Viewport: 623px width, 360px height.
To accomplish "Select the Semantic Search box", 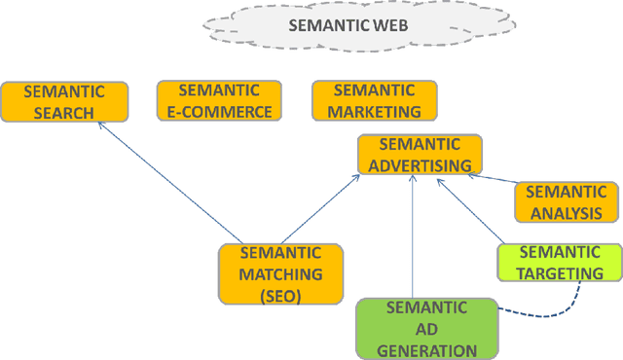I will [x=63, y=101].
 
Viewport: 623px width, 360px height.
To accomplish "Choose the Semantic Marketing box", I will [x=374, y=100].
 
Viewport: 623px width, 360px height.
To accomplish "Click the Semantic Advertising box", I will [x=420, y=155].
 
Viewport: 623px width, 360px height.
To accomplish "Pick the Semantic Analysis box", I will [x=565, y=202].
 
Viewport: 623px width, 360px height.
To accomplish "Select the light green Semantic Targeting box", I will [x=559, y=263].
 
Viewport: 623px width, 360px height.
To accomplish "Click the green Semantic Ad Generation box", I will [x=426, y=329].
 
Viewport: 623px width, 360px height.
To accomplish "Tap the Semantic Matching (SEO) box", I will [x=280, y=274].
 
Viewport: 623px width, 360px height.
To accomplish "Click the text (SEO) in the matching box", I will [x=280, y=295].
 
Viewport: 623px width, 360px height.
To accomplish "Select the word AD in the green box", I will [x=426, y=329].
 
